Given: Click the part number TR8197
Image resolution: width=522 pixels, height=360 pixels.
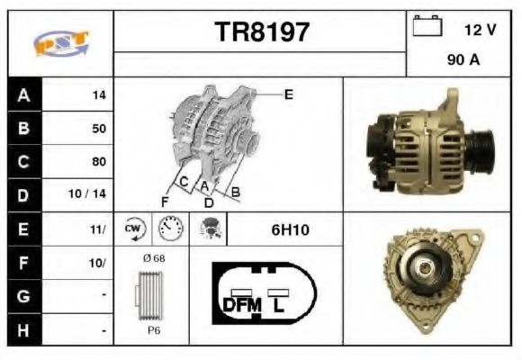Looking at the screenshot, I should [262, 32].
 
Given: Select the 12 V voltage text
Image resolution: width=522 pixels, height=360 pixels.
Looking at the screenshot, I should [480, 30].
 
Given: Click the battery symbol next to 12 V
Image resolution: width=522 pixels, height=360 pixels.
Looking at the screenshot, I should [425, 26].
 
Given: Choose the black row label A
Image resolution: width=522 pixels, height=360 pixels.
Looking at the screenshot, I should [22, 94].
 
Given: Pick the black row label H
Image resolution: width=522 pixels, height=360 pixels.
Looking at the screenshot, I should [22, 331].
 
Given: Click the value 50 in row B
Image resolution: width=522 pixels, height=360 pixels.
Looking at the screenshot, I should [98, 128].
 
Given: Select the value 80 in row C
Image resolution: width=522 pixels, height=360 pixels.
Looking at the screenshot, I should [98, 162].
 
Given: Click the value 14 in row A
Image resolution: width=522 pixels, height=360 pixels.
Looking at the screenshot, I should [98, 94].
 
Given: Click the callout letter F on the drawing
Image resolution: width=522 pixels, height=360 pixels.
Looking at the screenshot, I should [165, 200].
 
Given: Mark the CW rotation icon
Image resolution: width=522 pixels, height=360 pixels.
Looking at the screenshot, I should [134, 229].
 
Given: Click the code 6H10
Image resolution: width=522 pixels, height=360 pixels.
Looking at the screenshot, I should [290, 229].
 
